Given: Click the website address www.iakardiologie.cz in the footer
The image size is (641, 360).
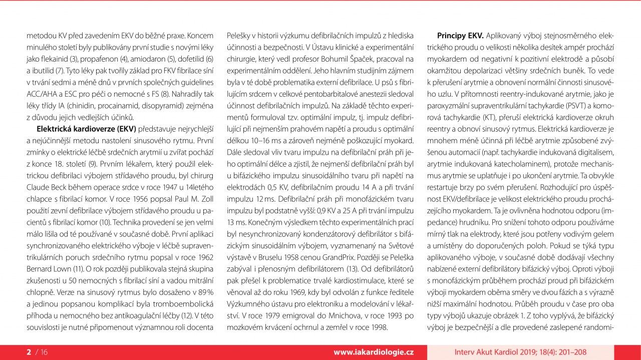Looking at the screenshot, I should coord(374,352).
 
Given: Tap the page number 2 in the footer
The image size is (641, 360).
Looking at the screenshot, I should coord(29,352).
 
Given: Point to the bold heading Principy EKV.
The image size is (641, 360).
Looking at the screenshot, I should coord(460,36).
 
